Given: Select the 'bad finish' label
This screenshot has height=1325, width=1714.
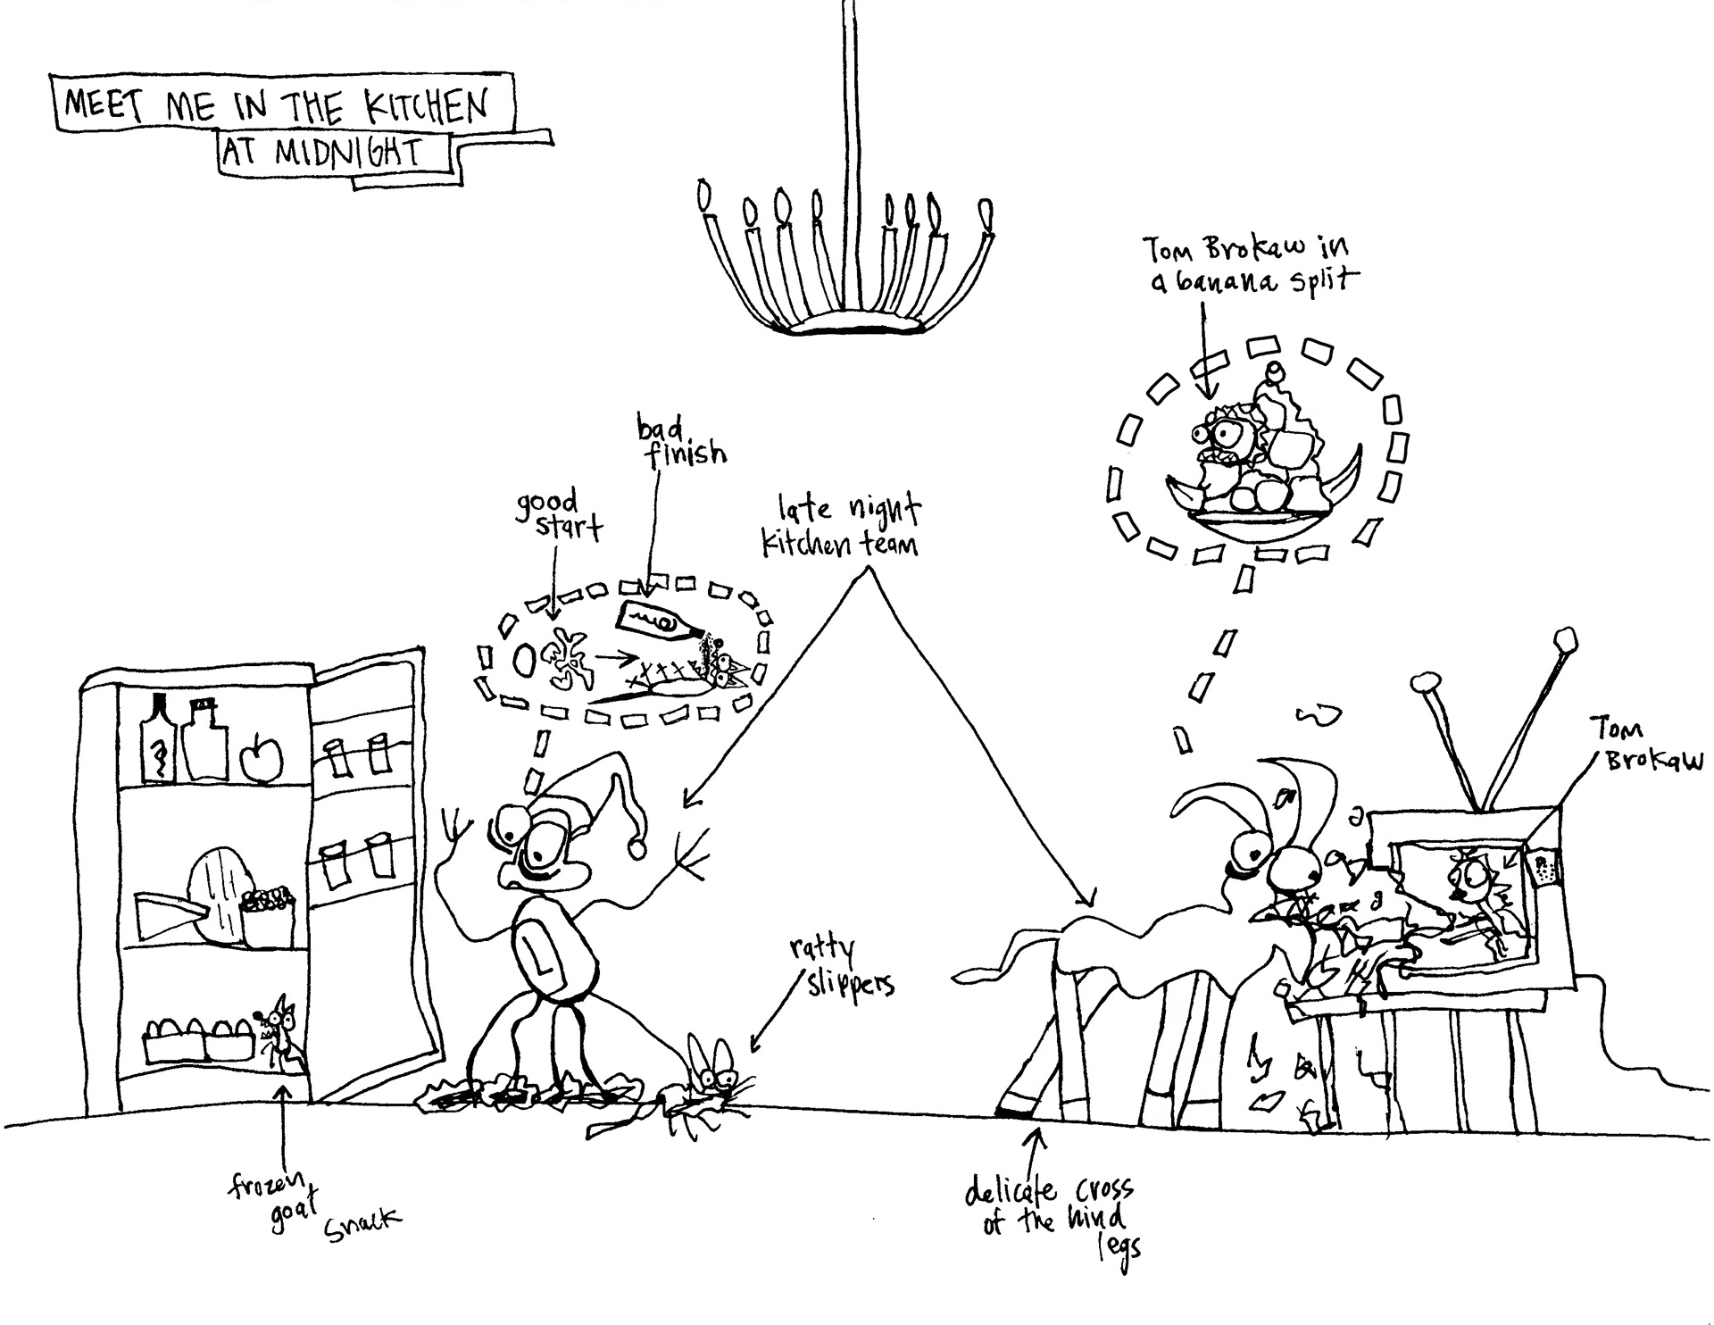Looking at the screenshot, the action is [x=679, y=441].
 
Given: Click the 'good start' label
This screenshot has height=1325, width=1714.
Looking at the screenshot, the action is [x=554, y=513].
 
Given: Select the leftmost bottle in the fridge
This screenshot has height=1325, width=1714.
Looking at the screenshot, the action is [x=159, y=740].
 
